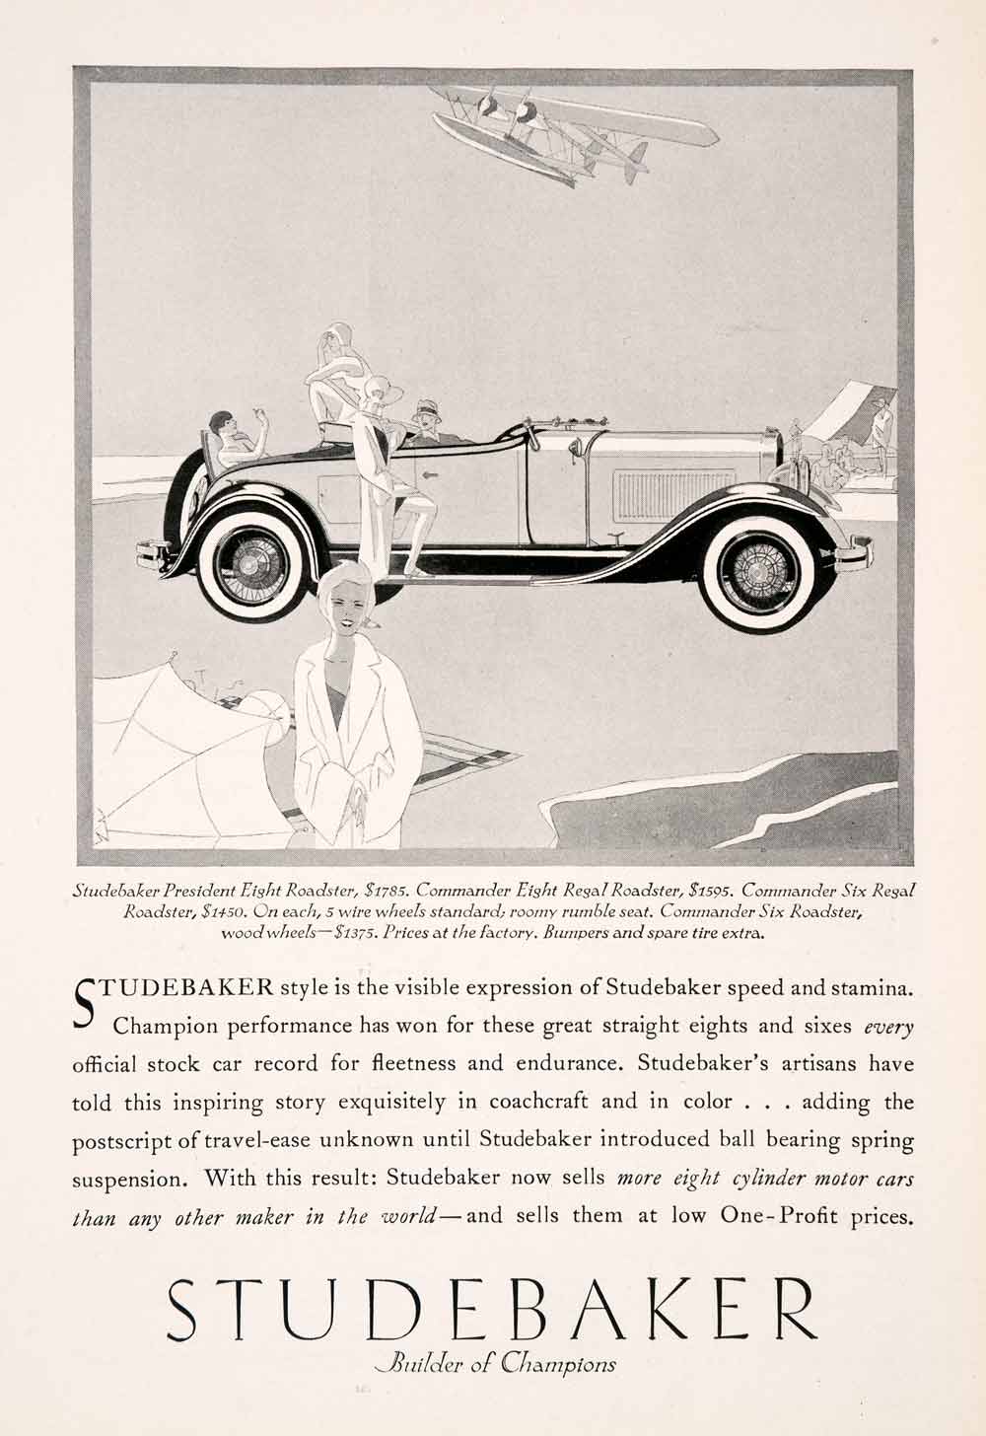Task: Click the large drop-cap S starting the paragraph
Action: click(85, 999)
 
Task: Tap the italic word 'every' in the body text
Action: click(888, 1026)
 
